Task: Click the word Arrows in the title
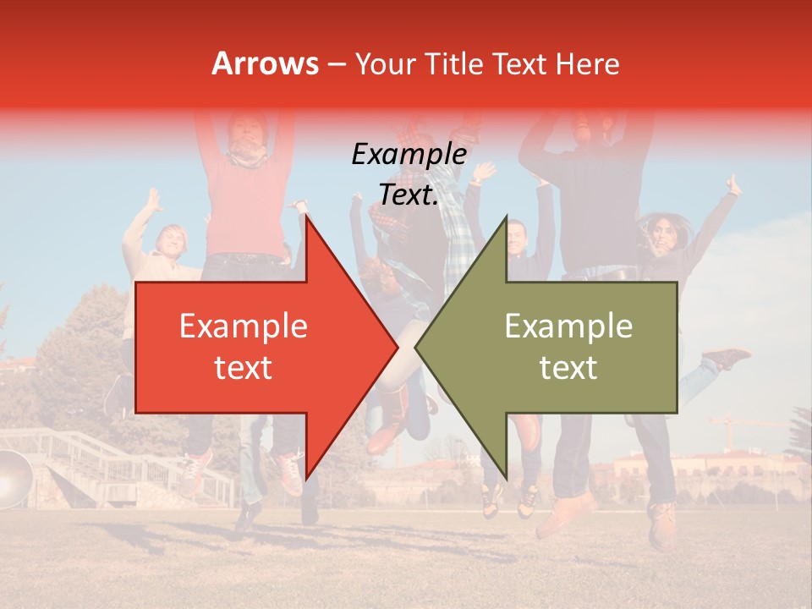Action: [x=265, y=63]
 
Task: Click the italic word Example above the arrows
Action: [x=409, y=155]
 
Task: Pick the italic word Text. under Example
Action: [x=409, y=195]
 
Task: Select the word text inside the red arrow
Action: [x=243, y=368]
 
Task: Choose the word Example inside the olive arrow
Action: [x=568, y=326]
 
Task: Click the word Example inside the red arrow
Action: [x=243, y=326]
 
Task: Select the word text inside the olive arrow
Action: [x=568, y=368]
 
